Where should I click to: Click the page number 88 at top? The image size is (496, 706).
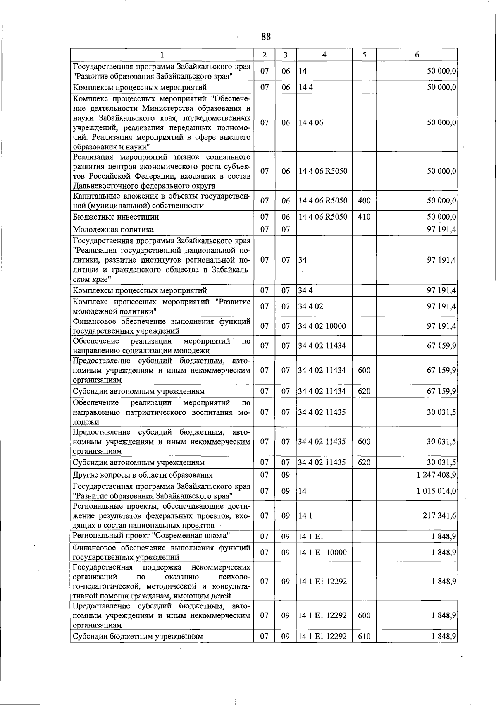point(266,36)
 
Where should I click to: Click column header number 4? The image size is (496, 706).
point(324,55)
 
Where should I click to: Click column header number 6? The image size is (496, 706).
point(417,55)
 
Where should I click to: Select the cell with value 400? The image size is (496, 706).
point(364,201)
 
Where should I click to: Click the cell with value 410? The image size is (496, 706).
point(364,217)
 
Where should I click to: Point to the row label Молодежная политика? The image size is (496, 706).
point(113,229)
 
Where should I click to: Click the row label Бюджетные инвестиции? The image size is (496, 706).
point(116,217)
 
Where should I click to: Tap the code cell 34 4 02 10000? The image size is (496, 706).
point(322,326)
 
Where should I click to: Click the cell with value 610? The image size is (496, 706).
point(364,636)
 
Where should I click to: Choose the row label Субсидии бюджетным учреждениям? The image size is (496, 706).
point(138,636)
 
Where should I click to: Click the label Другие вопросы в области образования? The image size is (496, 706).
point(143,475)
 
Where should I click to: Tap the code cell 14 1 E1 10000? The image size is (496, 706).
point(322,552)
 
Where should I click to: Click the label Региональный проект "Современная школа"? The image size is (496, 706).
point(151,536)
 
